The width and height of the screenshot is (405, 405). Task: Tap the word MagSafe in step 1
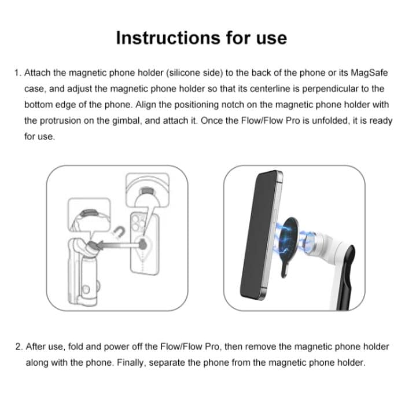[x=369, y=73]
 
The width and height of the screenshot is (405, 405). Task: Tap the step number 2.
[x=17, y=347]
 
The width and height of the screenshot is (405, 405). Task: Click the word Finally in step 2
[x=131, y=363]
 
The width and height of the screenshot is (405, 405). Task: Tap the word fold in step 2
[x=76, y=347]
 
